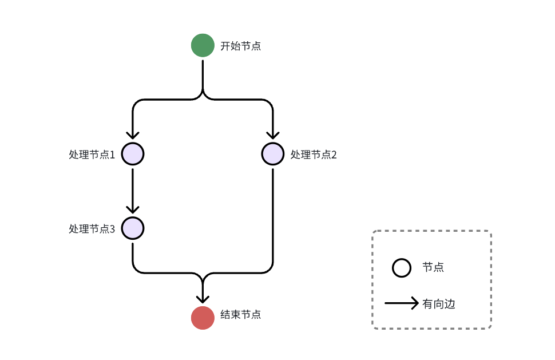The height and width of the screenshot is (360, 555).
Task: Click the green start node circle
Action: click(203, 46)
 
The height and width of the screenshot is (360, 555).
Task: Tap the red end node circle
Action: click(203, 318)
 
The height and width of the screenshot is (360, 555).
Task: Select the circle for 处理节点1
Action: click(133, 154)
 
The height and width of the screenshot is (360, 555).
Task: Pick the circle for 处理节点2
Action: click(272, 154)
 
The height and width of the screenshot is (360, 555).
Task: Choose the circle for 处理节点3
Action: click(133, 228)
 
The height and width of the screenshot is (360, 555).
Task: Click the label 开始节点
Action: click(240, 46)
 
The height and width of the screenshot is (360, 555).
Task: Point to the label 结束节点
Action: click(240, 315)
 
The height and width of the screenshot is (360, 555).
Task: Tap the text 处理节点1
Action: click(92, 155)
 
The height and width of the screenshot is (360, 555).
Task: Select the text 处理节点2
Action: click(314, 155)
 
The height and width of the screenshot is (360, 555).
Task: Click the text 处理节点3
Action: click(92, 229)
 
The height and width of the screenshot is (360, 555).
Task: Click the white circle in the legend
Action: click(402, 268)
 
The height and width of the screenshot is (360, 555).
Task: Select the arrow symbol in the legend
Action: click(402, 303)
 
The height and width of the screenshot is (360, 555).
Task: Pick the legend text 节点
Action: click(433, 267)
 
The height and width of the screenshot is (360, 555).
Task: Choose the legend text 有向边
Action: click(439, 304)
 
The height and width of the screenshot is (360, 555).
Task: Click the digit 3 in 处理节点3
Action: click(112, 229)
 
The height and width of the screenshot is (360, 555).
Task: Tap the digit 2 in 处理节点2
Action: click(334, 155)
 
